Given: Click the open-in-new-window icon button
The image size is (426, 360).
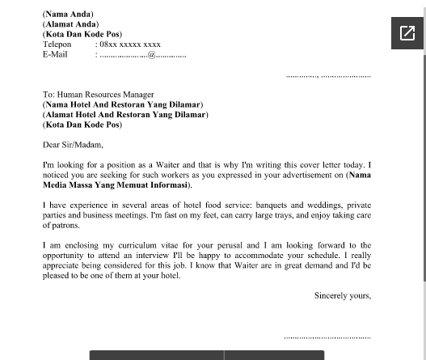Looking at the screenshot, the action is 407,33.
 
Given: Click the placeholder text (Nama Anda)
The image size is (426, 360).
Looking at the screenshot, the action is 68,14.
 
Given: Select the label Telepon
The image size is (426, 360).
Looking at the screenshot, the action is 57,44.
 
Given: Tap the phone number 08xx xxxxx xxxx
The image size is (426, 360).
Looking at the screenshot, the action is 130,44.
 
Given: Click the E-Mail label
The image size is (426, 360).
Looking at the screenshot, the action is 55,54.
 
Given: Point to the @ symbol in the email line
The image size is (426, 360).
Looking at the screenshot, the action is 151,55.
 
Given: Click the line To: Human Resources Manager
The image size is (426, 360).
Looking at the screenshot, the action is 98,95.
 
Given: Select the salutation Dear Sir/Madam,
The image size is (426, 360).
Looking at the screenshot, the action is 73,145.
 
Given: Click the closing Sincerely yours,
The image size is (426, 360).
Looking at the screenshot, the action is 342,295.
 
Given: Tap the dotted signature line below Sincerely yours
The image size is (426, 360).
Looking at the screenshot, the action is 327,336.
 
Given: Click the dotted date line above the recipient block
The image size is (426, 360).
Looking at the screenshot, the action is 328,75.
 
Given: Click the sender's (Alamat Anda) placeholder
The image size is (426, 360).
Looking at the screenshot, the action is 70,24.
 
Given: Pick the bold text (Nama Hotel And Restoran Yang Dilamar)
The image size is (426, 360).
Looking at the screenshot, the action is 123,104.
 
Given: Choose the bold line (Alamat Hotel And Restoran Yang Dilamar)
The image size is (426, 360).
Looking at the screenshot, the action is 125,115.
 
